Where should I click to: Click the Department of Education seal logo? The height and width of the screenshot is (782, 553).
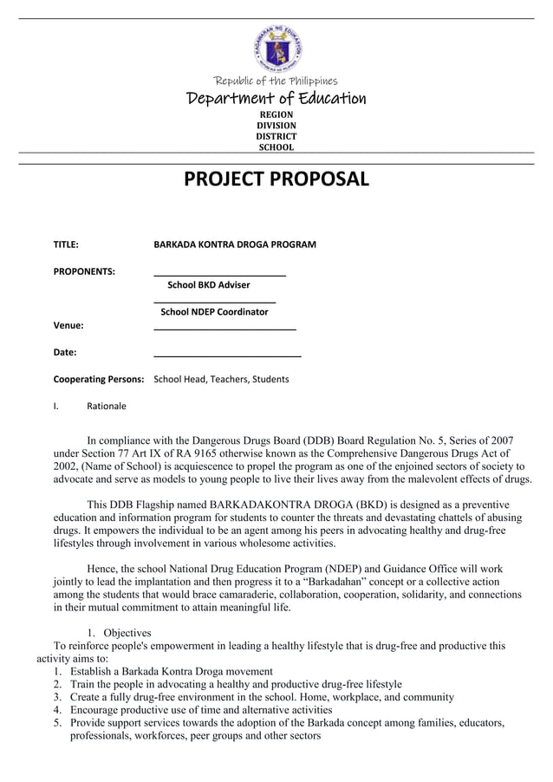pyautogui.click(x=276, y=49)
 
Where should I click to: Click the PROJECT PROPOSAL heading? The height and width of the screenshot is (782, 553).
pyautogui.click(x=276, y=179)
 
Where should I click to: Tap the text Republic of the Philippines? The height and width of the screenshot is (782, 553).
pyautogui.click(x=276, y=81)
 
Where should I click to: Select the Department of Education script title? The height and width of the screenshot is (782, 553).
pyautogui.click(x=276, y=99)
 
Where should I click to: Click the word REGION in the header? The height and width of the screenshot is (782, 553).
pyautogui.click(x=276, y=114)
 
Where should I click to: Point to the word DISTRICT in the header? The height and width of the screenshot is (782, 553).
pyautogui.click(x=276, y=136)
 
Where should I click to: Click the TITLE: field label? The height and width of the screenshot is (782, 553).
pyautogui.click(x=66, y=244)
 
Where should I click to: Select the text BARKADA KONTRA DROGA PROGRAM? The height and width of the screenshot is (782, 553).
pyautogui.click(x=234, y=244)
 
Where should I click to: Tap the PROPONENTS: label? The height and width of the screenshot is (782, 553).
pyautogui.click(x=84, y=271)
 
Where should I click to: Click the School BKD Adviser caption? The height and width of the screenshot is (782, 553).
pyautogui.click(x=208, y=284)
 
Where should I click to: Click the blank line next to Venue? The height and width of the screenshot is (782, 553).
pyautogui.click(x=224, y=328)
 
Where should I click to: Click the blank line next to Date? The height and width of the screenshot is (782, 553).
pyautogui.click(x=227, y=354)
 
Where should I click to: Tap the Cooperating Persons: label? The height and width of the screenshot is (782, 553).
pyautogui.click(x=98, y=379)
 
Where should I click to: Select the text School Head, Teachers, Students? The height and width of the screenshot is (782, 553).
pyautogui.click(x=221, y=379)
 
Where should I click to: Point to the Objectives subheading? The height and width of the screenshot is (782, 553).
pyautogui.click(x=127, y=633)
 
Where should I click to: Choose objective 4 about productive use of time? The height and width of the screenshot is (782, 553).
pyautogui.click(x=200, y=709)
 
